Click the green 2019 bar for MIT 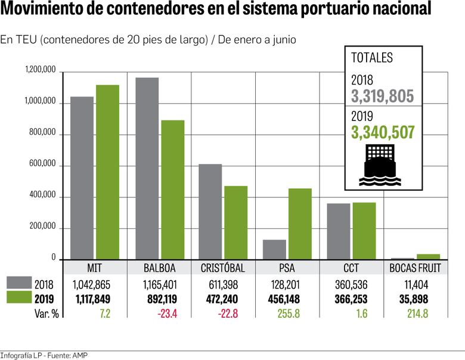(x=108, y=172)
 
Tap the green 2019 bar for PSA (x=300, y=224)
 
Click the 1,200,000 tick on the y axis (x=41, y=70)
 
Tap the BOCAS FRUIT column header (x=415, y=268)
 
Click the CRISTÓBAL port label (x=223, y=268)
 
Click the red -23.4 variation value (x=160, y=314)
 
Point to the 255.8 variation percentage (x=289, y=314)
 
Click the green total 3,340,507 (x=383, y=132)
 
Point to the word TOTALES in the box (x=372, y=58)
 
